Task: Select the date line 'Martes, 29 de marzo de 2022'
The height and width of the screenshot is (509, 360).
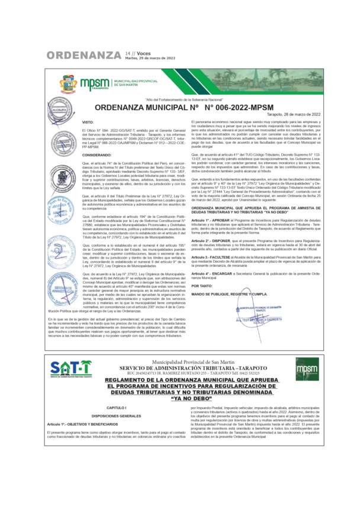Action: [x=150, y=59]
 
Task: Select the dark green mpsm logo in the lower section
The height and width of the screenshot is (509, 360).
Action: [x=307, y=368]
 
